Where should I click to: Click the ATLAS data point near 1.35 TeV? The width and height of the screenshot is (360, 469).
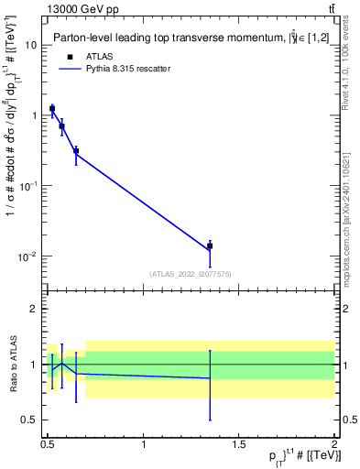(210, 245)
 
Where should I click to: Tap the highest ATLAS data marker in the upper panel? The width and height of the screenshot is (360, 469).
(52, 109)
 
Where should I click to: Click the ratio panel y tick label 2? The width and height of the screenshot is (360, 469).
(35, 310)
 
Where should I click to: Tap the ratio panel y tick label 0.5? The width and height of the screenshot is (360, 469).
(30, 420)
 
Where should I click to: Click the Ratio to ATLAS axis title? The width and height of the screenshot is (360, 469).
(12, 364)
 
